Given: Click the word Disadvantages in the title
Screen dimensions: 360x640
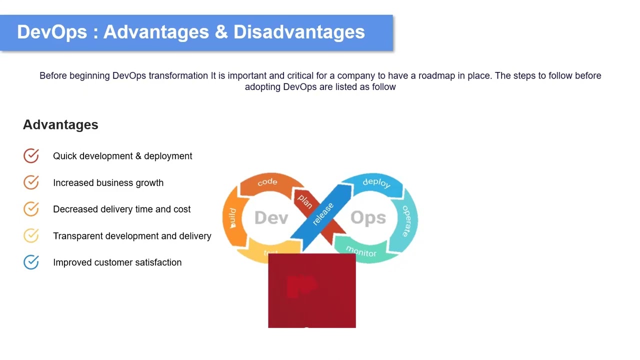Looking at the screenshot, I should (x=299, y=32).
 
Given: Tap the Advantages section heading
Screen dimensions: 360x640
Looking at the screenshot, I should (x=60, y=125).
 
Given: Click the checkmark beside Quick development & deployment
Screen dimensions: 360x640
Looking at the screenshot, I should (x=31, y=156).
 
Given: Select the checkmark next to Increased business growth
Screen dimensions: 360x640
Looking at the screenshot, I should (x=31, y=182).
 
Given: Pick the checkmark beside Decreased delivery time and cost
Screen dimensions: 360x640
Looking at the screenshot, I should (x=31, y=209).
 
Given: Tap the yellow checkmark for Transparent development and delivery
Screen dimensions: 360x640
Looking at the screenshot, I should (x=31, y=235).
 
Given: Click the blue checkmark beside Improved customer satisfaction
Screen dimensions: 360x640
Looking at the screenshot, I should (x=31, y=262).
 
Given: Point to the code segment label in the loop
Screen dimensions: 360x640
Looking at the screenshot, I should (x=267, y=182).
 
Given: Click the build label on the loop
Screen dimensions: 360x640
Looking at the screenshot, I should (x=232, y=218).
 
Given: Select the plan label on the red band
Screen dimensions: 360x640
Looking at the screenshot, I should (x=304, y=201).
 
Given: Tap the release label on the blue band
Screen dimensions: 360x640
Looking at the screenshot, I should (x=323, y=214).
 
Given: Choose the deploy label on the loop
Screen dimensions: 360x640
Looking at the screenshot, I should (x=376, y=182).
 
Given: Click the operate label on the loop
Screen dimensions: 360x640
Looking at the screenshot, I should (x=406, y=220).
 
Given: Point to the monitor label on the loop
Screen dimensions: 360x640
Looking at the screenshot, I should (x=361, y=251).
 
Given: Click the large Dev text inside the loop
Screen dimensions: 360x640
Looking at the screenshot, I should (x=271, y=218).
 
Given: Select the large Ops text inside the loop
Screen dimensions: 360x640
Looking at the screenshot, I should (x=368, y=218).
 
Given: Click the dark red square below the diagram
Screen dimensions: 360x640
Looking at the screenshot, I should (x=312, y=290).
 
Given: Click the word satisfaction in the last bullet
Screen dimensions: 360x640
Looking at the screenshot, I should (x=158, y=262).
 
